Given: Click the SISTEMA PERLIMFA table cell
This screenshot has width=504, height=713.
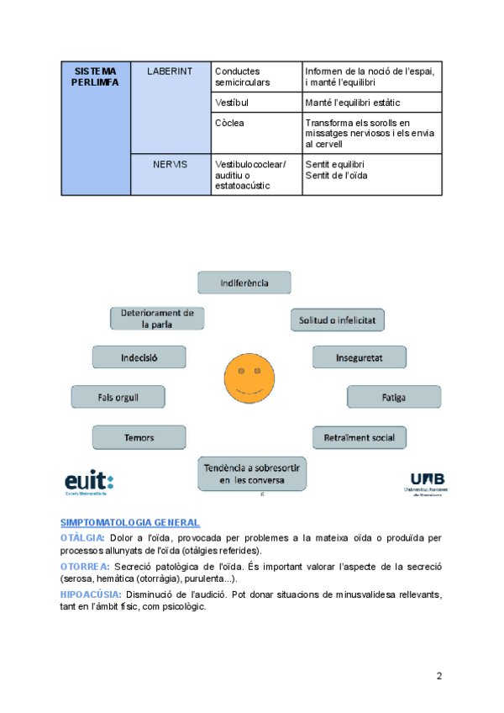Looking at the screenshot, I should coord(96,129).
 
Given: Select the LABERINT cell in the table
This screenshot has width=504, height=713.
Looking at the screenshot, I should coord(171,107).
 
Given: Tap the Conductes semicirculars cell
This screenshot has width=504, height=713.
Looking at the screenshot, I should coord(256,77).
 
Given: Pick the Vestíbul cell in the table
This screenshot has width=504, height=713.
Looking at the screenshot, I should coord(256,103).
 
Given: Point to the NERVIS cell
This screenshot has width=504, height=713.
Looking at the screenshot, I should coord(171,174).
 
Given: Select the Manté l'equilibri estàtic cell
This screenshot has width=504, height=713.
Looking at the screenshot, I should coord(371,103).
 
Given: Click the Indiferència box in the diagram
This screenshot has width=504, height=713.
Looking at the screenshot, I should coord(244,283).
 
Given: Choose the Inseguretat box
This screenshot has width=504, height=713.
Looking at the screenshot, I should coord(360,357).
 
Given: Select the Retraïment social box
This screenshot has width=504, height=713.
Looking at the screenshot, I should coord(359,438).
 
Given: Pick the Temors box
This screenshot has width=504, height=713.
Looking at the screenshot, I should coord(139,437).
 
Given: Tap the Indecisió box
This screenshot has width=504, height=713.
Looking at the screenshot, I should coord(139,357).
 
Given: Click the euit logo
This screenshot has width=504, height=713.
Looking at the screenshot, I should coord(88,481).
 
